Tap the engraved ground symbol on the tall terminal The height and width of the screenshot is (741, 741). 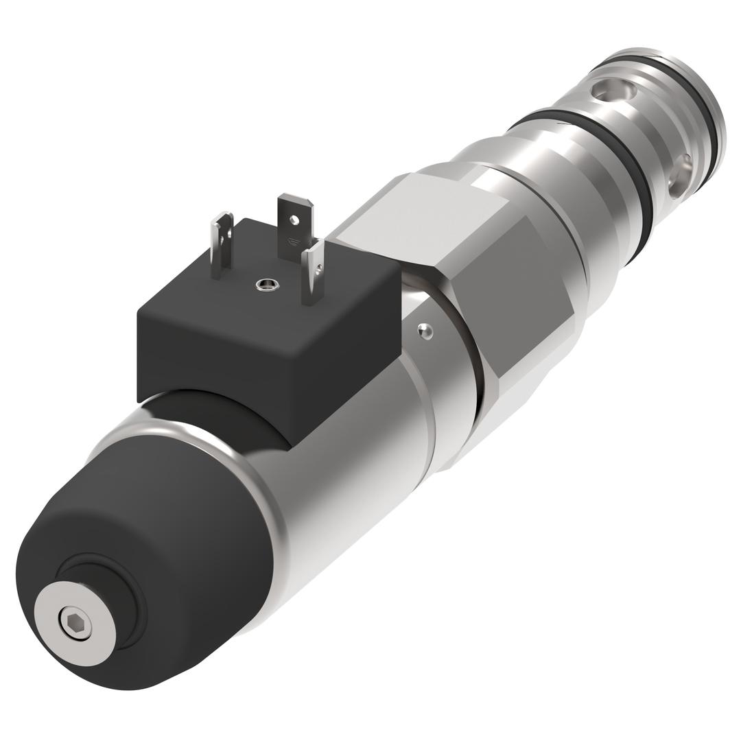294,242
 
